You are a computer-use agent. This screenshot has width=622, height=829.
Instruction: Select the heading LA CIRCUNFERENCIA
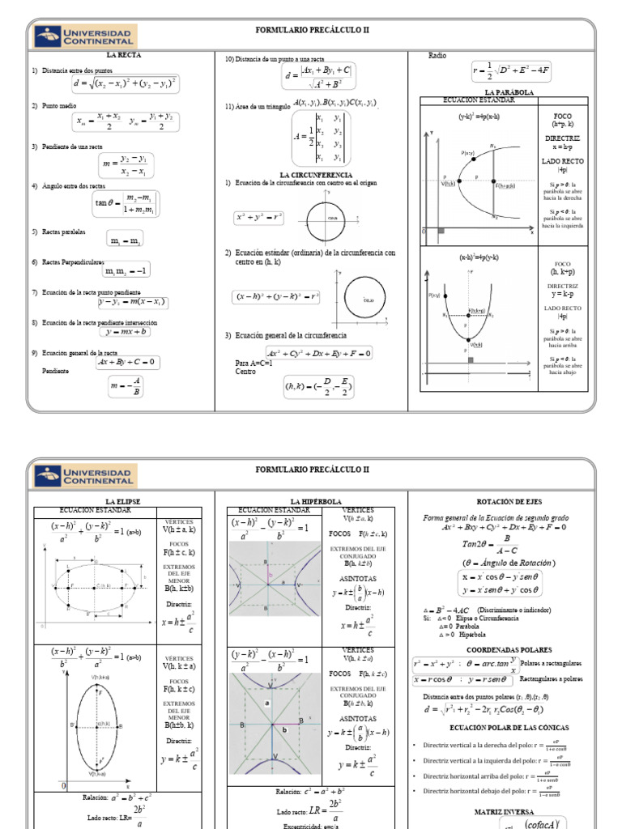[316, 175]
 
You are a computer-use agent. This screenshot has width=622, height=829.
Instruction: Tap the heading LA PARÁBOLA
[509, 93]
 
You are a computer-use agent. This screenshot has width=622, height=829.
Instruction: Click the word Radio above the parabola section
[437, 56]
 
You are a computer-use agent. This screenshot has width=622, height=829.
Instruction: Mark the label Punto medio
[58, 106]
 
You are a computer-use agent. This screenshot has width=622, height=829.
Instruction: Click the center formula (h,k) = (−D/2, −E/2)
[317, 389]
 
